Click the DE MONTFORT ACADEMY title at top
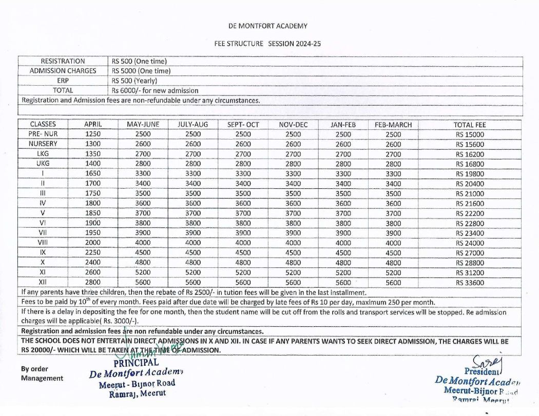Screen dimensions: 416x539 pyautogui.click(x=268, y=26)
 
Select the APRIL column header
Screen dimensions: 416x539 pyautogui.click(x=93, y=125)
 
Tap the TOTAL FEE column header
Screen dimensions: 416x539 pyautogui.click(x=469, y=125)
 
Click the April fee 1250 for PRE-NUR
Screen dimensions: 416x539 pyautogui.click(x=93, y=134)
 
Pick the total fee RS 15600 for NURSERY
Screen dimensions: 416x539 pyautogui.click(x=469, y=144)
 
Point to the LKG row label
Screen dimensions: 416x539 pyautogui.click(x=43, y=154)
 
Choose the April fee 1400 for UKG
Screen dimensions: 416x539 pyautogui.click(x=93, y=164)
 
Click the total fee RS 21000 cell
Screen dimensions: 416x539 pyautogui.click(x=469, y=193)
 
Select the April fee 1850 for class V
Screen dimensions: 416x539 pyautogui.click(x=93, y=213)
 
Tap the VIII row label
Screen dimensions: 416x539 pyautogui.click(x=43, y=243)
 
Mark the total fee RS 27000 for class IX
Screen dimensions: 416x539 pyautogui.click(x=469, y=252)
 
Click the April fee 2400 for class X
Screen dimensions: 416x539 pyautogui.click(x=93, y=262)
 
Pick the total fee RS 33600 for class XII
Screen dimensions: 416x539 pyautogui.click(x=469, y=282)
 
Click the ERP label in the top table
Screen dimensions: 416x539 pyautogui.click(x=63, y=81)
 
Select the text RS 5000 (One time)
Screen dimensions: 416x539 pyautogui.click(x=141, y=71)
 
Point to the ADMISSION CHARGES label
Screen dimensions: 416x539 pyautogui.click(x=63, y=71)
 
